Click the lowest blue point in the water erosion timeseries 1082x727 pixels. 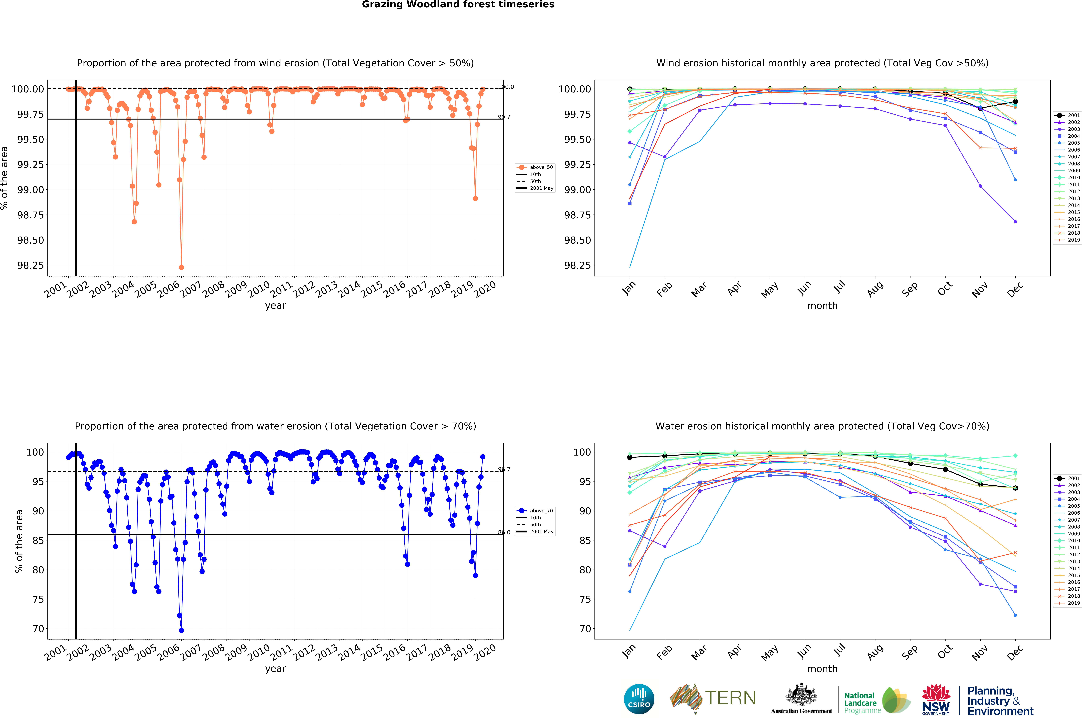pos(181,630)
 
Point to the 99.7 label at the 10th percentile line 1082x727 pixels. pos(504,117)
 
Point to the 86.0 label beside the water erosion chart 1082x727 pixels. pos(504,532)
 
